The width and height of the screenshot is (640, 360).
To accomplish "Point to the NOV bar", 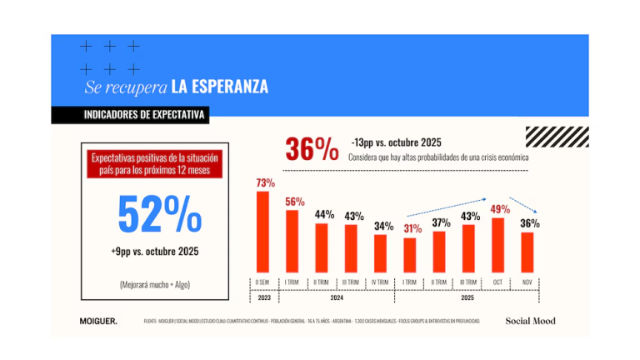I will click(x=527, y=251).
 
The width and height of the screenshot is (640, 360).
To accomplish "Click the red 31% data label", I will click(x=412, y=228).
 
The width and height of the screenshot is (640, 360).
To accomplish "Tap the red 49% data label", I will click(x=500, y=209).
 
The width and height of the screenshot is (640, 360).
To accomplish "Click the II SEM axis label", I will click(x=262, y=282).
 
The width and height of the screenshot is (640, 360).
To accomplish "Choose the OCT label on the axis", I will click(x=498, y=282).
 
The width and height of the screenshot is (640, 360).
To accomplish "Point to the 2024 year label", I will click(x=337, y=297).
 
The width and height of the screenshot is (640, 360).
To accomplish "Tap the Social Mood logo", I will click(x=530, y=320).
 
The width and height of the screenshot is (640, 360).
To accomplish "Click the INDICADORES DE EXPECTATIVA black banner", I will click(x=133, y=115).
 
